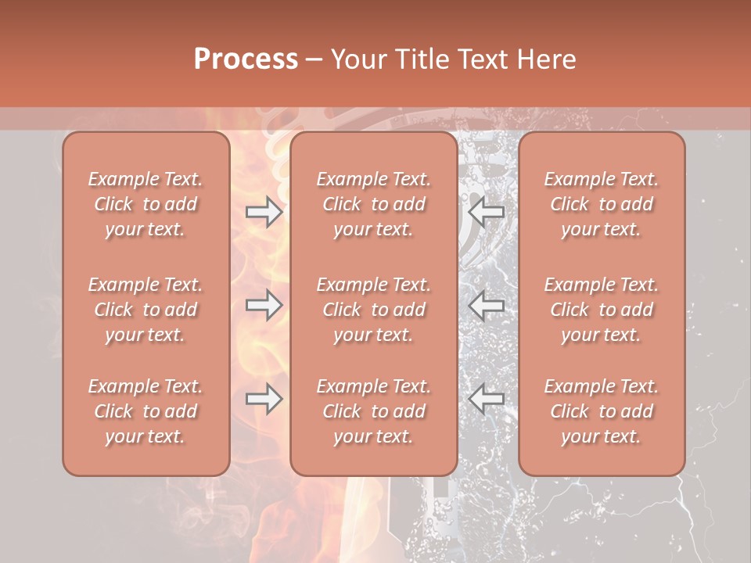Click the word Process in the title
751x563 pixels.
coord(246,59)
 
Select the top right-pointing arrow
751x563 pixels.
coord(264,211)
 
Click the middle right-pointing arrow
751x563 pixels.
coord(264,305)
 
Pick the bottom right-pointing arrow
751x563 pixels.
coord(264,399)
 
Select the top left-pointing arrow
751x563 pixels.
coord(486,211)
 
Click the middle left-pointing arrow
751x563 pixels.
coord(486,305)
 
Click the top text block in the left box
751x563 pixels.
coord(146,204)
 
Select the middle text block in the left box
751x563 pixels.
coord(146,310)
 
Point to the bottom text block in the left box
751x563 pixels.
coord(146,411)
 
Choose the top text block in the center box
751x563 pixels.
coord(374,204)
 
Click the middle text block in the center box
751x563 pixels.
coord(374,310)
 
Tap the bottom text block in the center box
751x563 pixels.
coord(374,411)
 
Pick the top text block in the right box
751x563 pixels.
coord(602,204)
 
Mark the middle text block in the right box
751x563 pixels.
coord(602,310)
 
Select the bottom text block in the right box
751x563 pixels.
coord(602,411)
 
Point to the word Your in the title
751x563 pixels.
coord(358,59)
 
